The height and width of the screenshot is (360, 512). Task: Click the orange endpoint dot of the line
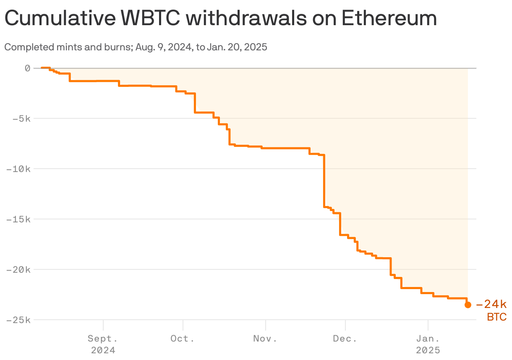(x=468, y=305)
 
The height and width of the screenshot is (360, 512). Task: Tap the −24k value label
(x=491, y=304)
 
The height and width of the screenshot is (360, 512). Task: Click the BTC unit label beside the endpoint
(x=496, y=317)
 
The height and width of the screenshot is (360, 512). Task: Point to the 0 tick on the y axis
(x=28, y=68)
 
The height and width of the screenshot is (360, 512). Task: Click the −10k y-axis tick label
(x=18, y=169)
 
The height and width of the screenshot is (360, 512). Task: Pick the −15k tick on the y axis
(x=18, y=219)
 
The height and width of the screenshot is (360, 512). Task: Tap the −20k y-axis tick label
(x=18, y=269)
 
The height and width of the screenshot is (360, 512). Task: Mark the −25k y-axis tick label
(x=18, y=320)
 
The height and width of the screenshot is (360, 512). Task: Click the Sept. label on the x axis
(x=103, y=339)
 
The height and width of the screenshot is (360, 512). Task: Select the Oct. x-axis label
(x=183, y=339)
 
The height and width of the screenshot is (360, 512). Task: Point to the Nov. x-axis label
(x=265, y=339)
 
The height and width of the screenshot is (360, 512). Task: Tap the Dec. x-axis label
(x=345, y=339)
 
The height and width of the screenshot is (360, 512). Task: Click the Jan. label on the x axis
(x=428, y=339)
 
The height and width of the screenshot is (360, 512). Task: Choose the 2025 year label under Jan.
(x=428, y=350)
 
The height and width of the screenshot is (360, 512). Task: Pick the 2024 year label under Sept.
(x=103, y=350)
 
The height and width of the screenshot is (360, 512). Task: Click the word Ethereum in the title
(x=389, y=18)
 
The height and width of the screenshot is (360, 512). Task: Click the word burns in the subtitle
(x=119, y=47)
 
